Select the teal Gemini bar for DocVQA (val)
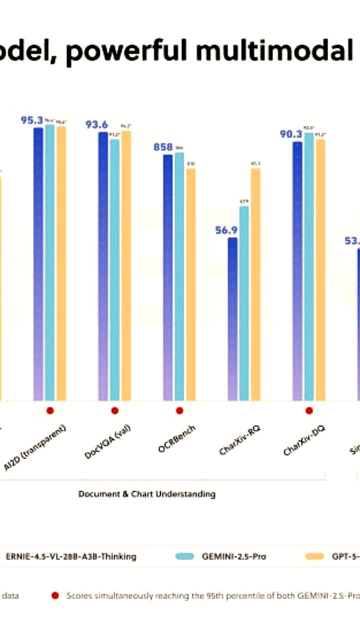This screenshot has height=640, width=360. (x=115, y=270)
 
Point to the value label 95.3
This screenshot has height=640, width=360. (x=31, y=120)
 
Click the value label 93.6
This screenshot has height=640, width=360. (x=96, y=124)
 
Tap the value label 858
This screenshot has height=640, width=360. (x=163, y=147)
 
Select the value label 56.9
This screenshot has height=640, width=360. (x=226, y=230)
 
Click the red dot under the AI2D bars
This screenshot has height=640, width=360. (x=49, y=410)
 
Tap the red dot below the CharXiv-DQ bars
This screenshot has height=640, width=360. (x=309, y=410)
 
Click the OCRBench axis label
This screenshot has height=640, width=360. (x=177, y=438)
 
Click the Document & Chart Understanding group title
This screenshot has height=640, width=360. (x=146, y=494)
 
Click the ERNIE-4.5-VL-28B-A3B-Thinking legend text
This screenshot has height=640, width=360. (x=71, y=556)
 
